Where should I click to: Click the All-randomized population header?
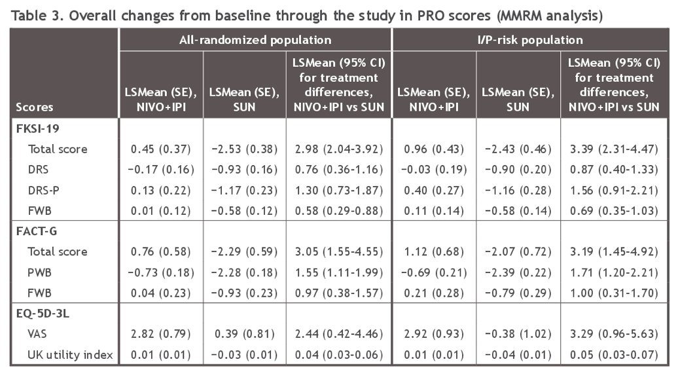coord(255,40)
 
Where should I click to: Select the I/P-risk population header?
coord(530,40)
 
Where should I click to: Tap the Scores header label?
coord(35,107)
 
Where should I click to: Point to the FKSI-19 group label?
coord(37,128)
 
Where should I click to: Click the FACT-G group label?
coord(37,231)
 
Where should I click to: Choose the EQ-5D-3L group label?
coord(43,313)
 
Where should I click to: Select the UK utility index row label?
coord(70,355)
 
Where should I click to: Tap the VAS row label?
coord(37,334)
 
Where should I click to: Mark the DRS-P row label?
coord(43,191)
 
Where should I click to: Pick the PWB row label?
coord(39,272)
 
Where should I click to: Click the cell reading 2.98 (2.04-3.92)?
coord(339,149)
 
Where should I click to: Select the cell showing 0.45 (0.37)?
coord(161,149)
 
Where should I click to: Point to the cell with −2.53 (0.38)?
coord(244,149)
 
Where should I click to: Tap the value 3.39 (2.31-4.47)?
coord(614,149)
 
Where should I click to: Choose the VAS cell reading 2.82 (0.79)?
coord(161,334)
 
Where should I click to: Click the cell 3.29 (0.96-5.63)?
coord(614,334)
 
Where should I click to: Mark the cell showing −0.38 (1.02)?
coord(518,334)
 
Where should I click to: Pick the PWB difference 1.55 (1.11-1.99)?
coord(339,272)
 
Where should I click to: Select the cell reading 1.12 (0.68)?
coord(434,251)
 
